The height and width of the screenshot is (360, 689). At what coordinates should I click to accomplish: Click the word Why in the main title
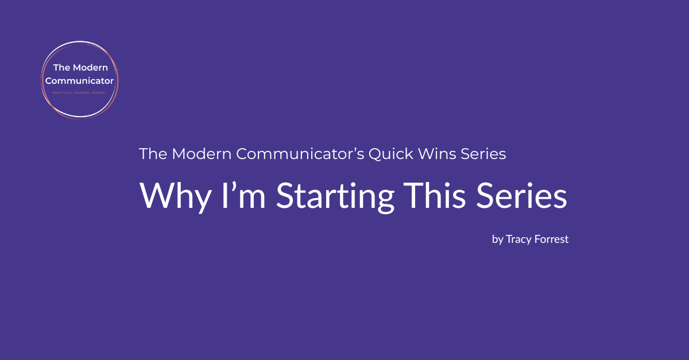point(167,196)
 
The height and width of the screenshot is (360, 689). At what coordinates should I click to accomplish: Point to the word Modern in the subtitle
point(201,154)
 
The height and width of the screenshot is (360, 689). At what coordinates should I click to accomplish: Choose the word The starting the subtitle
point(153,154)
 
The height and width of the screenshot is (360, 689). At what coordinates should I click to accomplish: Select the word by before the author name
point(497,239)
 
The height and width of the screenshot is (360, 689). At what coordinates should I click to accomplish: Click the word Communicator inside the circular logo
point(79,80)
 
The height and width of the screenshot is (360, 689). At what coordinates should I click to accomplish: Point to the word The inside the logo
point(62,68)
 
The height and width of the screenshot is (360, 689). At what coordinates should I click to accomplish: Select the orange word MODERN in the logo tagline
point(79,91)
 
